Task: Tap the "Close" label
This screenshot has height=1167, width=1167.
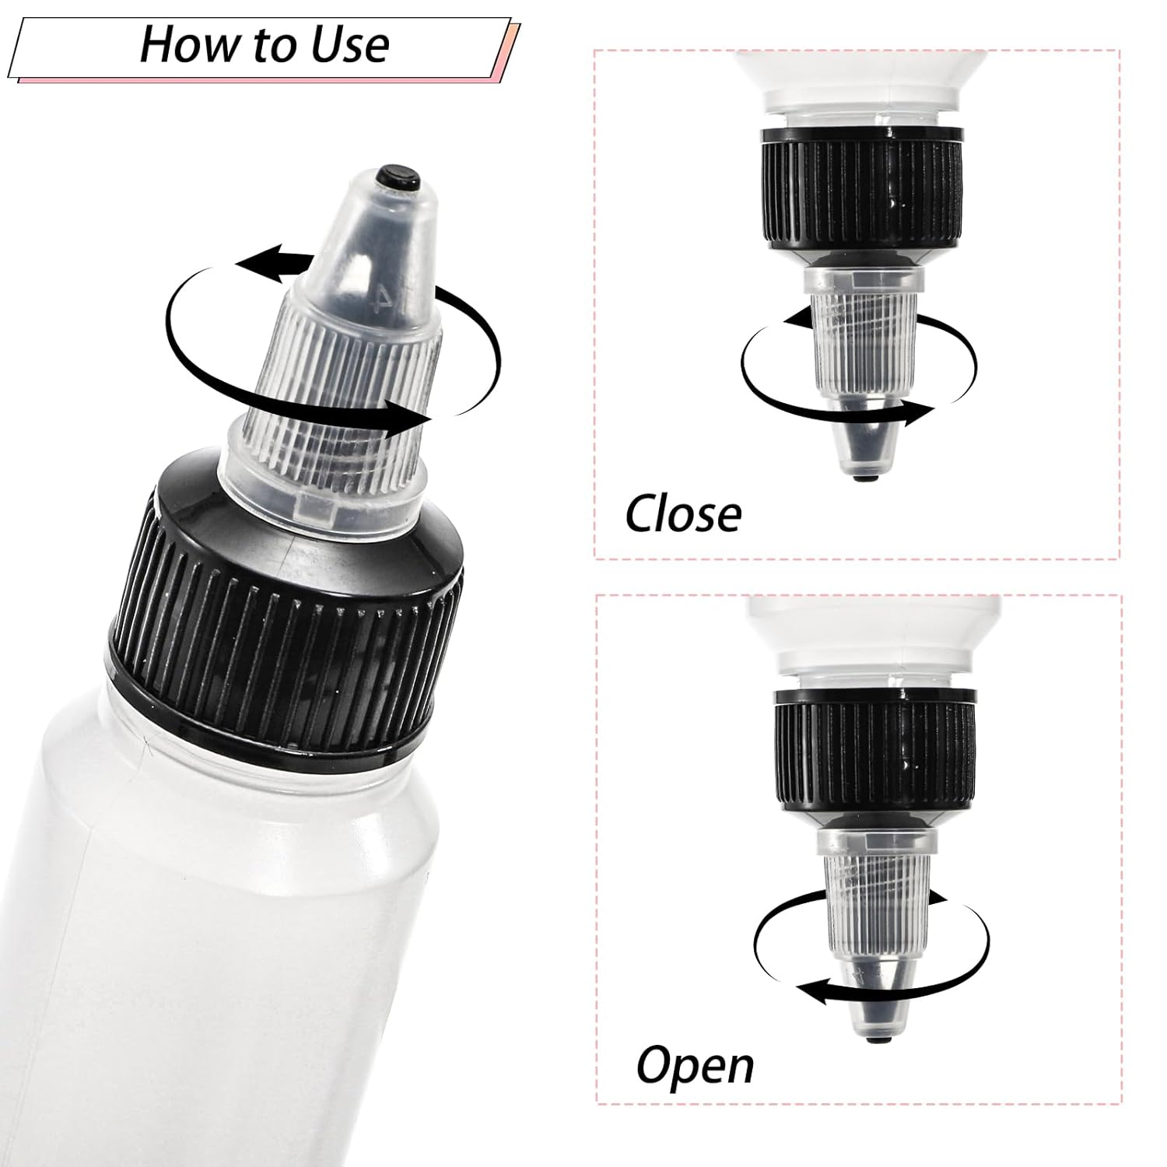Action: (683, 514)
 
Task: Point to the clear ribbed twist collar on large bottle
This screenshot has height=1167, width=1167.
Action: (342, 405)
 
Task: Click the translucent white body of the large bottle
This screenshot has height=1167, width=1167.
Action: (194, 934)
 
